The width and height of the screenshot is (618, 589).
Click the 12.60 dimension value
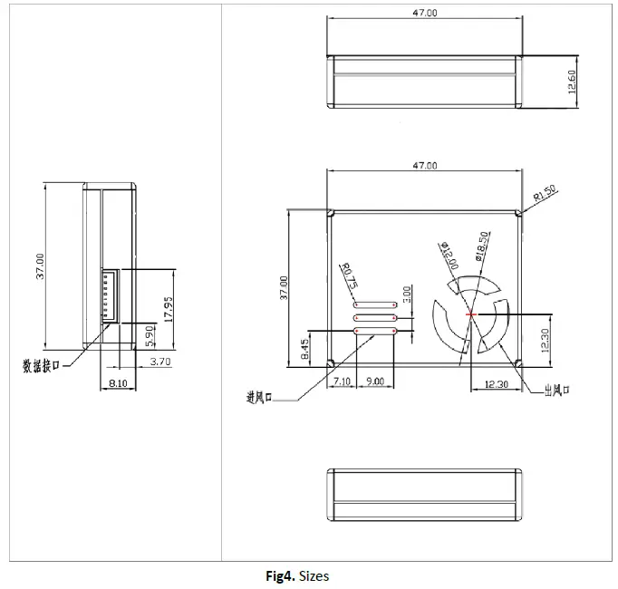pos(572,81)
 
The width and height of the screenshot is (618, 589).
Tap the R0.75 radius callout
pos(347,273)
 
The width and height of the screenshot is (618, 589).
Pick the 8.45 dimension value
pos(303,348)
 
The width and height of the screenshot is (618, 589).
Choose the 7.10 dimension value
pos(342,381)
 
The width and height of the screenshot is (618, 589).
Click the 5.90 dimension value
pos(150,337)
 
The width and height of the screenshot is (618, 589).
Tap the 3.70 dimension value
pos(159,362)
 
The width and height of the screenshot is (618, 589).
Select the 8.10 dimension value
pos(117,384)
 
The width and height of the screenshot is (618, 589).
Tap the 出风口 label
pos(555,391)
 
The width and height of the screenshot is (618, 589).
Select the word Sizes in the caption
pos(314,576)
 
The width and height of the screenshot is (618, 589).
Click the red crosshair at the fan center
pos(471,314)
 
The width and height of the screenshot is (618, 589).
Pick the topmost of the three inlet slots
pos(375,305)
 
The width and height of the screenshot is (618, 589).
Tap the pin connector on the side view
pos(109,294)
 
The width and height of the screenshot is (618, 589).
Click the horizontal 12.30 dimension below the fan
pos(496,384)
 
